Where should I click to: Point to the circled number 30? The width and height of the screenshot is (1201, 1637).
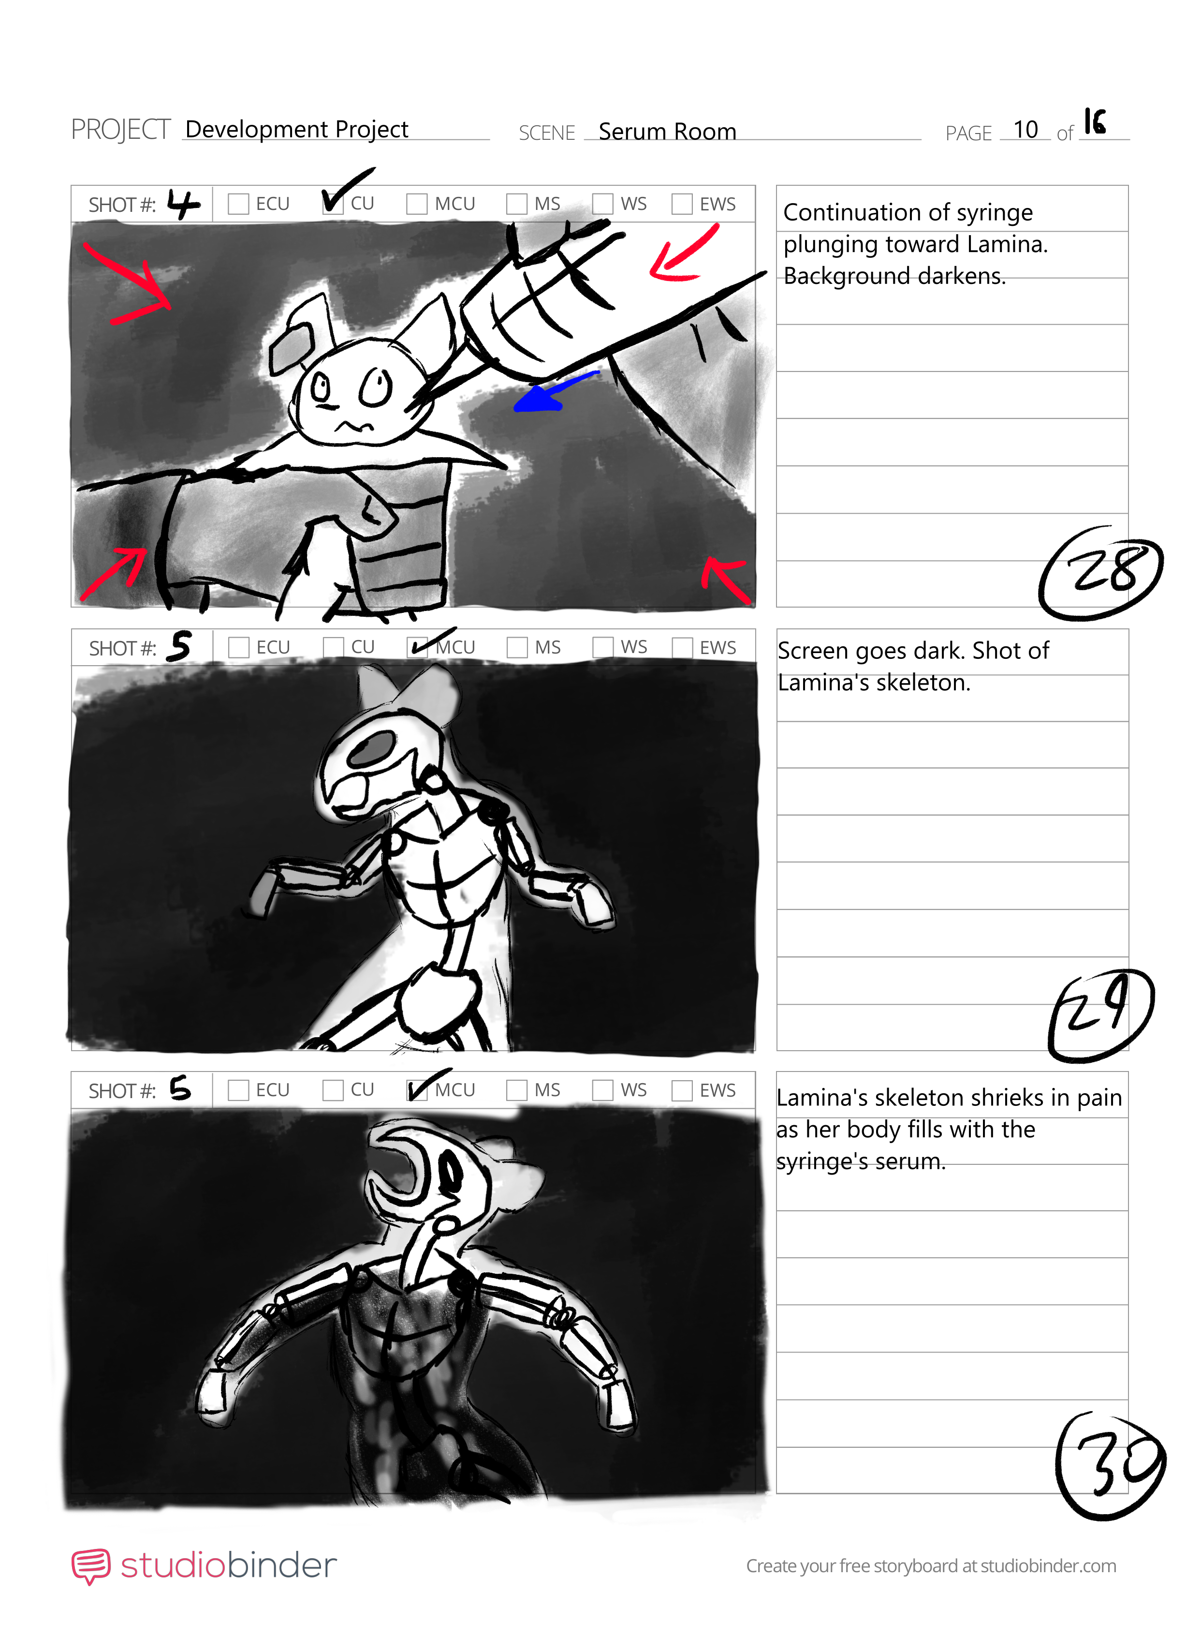(x=1110, y=1465)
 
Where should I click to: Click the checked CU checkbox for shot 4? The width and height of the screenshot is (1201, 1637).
(x=333, y=204)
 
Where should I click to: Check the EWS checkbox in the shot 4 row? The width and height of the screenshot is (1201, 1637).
(x=681, y=204)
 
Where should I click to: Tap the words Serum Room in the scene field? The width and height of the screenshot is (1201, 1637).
(x=667, y=132)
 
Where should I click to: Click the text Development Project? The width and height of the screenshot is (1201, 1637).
(x=296, y=130)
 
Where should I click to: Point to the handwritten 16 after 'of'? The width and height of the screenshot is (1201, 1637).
(x=1095, y=122)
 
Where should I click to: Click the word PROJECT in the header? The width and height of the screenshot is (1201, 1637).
(x=121, y=130)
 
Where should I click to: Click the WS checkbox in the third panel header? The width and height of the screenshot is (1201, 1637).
(x=603, y=1090)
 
